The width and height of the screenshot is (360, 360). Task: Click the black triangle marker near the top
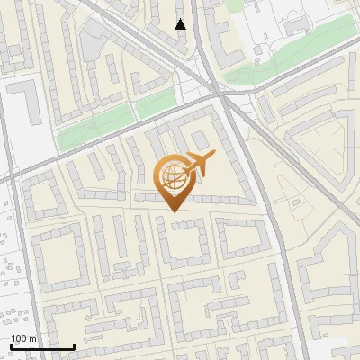click(x=181, y=24)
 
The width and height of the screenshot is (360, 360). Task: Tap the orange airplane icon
click(x=198, y=163)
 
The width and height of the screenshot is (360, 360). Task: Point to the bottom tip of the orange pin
click(x=174, y=211)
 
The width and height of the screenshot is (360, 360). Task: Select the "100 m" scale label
click(x=23, y=337)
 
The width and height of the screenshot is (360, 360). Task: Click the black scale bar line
click(x=41, y=346)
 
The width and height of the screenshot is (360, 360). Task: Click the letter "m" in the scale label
click(x=32, y=337)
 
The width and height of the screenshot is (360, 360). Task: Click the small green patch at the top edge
click(x=233, y=4)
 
